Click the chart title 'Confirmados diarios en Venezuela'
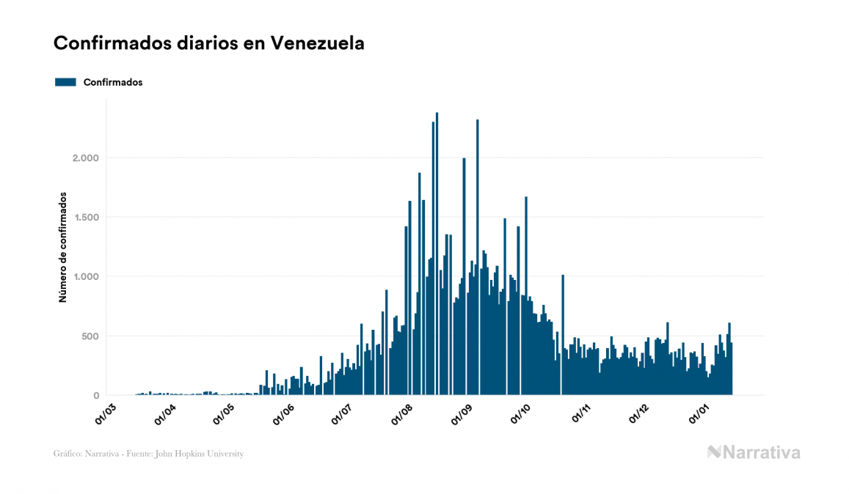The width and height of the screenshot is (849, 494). pos(209,43)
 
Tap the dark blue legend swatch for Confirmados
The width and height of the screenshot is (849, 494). pos(65,82)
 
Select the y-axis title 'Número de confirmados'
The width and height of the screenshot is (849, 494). pos(63,248)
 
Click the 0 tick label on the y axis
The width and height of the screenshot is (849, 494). pos(95,396)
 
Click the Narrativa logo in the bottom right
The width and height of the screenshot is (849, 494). pos(754,452)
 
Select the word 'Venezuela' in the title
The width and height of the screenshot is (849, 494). pos(318,43)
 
